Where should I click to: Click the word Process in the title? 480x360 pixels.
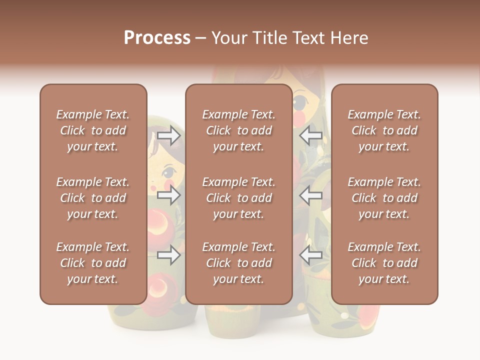coord(157,38)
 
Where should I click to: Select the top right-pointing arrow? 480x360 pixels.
coord(168,135)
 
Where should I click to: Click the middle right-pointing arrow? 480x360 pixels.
coord(168,195)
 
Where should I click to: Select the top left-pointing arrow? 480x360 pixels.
coord(311,135)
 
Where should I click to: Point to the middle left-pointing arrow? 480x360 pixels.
coord(311,195)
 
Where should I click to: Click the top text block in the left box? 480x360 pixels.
coord(93,130)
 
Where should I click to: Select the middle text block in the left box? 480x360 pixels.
coord(93,198)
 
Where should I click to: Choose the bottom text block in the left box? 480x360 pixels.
coord(93,263)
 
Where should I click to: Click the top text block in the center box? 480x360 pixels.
coord(238,130)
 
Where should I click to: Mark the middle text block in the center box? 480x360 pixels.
coord(238,198)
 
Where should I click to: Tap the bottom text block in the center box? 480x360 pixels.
coord(238,263)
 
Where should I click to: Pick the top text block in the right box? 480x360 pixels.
coord(384,130)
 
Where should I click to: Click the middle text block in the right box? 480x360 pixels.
coord(384,198)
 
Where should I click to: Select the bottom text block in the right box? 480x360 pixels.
coord(384,263)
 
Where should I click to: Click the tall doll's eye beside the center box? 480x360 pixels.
coord(299,103)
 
